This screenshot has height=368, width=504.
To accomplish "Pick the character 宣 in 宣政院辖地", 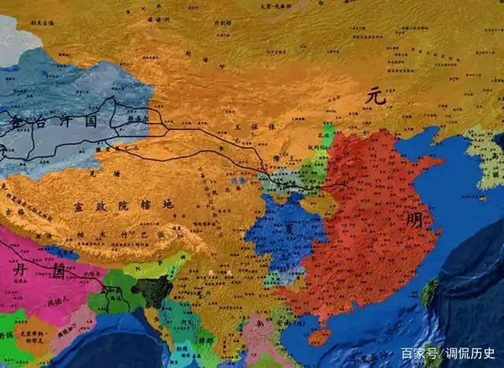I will (79, 206).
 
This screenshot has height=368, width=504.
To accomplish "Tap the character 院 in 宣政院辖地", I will (123, 206).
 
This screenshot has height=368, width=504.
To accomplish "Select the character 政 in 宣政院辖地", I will (101, 206).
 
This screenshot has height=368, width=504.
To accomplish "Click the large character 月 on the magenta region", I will (20, 270).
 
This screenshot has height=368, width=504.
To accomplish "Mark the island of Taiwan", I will (429, 292).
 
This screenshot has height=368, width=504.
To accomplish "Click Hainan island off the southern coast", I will (319, 337).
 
